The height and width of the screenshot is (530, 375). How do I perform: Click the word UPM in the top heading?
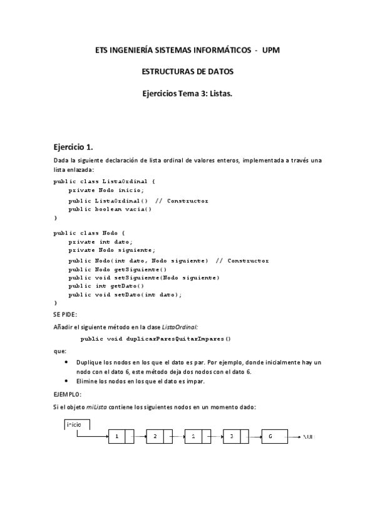coord(271,49)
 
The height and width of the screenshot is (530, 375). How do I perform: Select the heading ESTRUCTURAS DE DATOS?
coord(188,72)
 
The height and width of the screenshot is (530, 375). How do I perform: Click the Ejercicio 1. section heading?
coord(73,147)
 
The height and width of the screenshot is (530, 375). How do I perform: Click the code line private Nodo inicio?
coord(106,191)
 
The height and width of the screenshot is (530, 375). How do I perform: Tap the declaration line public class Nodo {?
coord(90,233)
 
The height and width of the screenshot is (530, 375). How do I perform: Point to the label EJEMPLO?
coord(67,394)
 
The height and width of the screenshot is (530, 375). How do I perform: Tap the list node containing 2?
coord(158,437)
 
